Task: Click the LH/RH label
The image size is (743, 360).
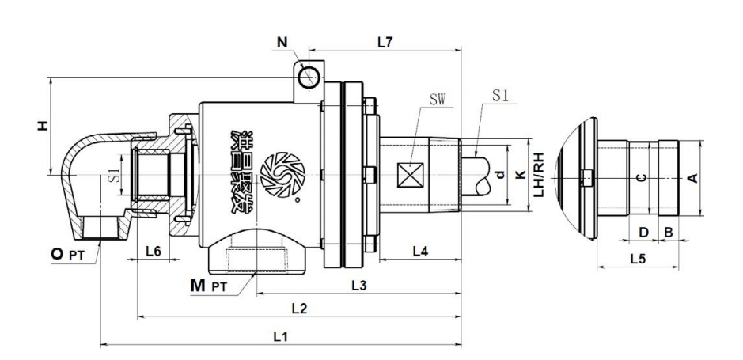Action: (539, 175)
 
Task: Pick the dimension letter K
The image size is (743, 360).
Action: (519, 175)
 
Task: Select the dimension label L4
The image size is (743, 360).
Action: (421, 252)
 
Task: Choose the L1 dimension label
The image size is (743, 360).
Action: (279, 335)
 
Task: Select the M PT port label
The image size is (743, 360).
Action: (209, 284)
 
